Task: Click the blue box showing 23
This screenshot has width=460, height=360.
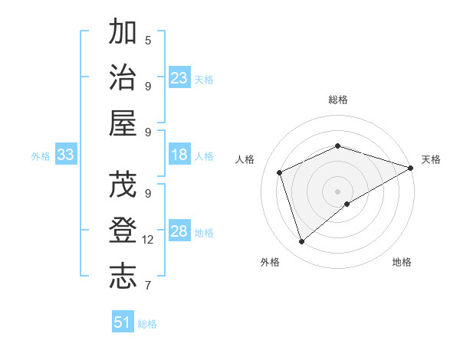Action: pyautogui.click(x=179, y=77)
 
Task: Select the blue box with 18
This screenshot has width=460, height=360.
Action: pyautogui.click(x=179, y=155)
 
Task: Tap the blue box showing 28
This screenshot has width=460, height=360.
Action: pyautogui.click(x=179, y=231)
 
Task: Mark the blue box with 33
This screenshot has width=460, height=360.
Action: pyautogui.click(x=66, y=155)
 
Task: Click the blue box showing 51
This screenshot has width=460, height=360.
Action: pyautogui.click(x=123, y=322)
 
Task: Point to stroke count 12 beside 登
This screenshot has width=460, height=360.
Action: pyautogui.click(x=148, y=240)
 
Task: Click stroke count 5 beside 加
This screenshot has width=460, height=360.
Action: pyautogui.click(x=148, y=40)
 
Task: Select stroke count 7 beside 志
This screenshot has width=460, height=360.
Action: pyautogui.click(x=148, y=286)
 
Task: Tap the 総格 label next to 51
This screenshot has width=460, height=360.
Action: pyautogui.click(x=148, y=324)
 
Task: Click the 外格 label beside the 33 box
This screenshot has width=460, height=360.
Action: pyautogui.click(x=41, y=156)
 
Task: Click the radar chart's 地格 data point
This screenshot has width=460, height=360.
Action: pyautogui.click(x=347, y=204)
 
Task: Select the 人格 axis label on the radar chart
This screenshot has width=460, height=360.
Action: pyautogui.click(x=245, y=159)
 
